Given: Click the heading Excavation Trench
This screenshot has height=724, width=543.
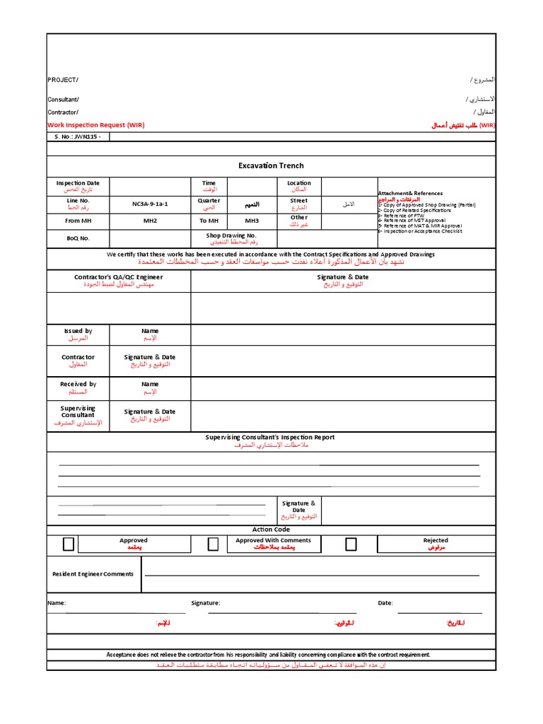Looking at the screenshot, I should pyautogui.click(x=271, y=165).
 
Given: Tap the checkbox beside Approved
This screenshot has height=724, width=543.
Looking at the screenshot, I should pyautogui.click(x=69, y=544).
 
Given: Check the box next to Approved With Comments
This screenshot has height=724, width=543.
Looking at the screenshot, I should pyautogui.click(x=213, y=544).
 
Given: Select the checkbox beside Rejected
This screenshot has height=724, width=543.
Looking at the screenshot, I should pyautogui.click(x=351, y=544).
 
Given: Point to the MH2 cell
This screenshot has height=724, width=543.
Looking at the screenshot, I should pyautogui.click(x=150, y=221).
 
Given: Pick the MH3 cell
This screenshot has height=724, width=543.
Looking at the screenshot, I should pyautogui.click(x=252, y=221).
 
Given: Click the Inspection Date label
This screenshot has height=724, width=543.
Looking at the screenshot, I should pyautogui.click(x=78, y=183).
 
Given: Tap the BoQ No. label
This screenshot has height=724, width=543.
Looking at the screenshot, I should pyautogui.click(x=78, y=238).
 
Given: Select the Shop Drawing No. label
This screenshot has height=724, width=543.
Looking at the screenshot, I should pyautogui.click(x=231, y=235).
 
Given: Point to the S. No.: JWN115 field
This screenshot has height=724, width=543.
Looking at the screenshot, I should pyautogui.click(x=78, y=136).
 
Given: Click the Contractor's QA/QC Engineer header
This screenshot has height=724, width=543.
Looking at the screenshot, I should pyautogui.click(x=119, y=277).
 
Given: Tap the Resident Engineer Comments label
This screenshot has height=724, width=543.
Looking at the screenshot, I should pyautogui.click(x=93, y=574).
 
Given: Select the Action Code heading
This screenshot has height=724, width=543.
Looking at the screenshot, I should pyautogui.click(x=271, y=530).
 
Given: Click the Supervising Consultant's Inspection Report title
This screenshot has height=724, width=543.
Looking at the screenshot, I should pyautogui.click(x=270, y=438).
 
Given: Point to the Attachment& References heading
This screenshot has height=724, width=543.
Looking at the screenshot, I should pyautogui.click(x=410, y=193).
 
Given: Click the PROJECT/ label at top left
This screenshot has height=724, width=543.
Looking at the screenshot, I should pyautogui.click(x=63, y=80).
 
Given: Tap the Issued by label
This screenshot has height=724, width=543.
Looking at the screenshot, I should pyautogui.click(x=78, y=331).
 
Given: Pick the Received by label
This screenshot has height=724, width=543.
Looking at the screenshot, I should pyautogui.click(x=78, y=384).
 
